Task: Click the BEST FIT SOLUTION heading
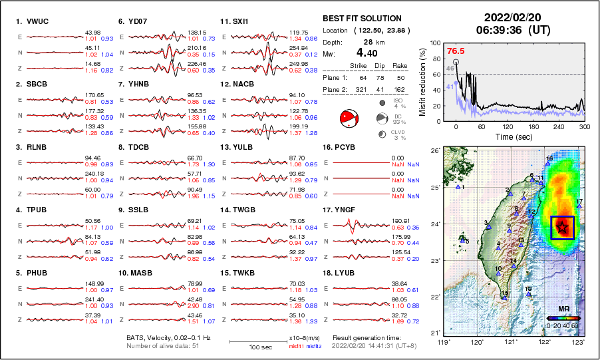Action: click(x=361, y=19)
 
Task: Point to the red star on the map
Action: click(x=562, y=227)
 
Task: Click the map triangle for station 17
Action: click(x=579, y=206)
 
